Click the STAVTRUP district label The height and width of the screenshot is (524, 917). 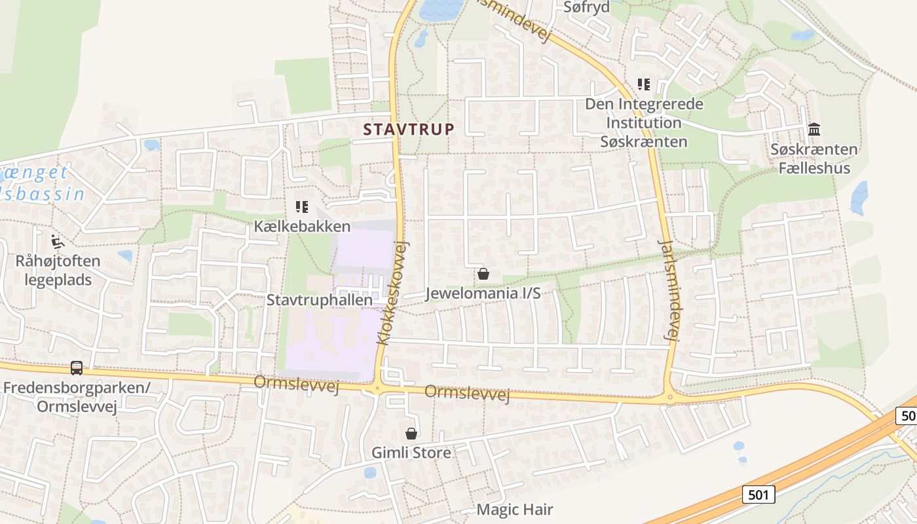click(x=409, y=129)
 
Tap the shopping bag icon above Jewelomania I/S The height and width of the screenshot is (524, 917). click(x=483, y=274)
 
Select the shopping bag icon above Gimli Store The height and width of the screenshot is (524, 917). click(x=411, y=434)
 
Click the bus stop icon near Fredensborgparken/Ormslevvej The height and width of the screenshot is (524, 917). click(x=77, y=368)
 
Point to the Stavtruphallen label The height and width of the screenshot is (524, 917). click(x=320, y=300)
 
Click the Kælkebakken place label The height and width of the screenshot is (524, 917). click(x=303, y=227)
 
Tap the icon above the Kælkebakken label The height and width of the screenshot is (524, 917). click(x=302, y=207)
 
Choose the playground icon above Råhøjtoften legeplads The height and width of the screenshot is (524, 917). click(x=58, y=242)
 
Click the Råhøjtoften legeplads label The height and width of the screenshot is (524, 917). click(x=58, y=271)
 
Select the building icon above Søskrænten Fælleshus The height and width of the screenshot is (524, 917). click(x=814, y=129)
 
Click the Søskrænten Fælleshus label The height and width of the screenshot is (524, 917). click(x=814, y=159)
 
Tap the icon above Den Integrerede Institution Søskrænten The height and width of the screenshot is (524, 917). click(x=644, y=84)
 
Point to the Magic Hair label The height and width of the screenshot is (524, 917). click(x=515, y=510)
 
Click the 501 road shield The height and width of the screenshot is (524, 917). click(x=758, y=495)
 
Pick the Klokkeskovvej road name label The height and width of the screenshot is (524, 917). click(x=392, y=292)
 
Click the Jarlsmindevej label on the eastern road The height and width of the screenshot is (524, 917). click(x=669, y=290)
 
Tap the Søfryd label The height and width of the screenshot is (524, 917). click(x=587, y=7)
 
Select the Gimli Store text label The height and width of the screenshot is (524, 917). click(x=411, y=453)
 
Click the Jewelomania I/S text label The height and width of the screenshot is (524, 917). click(x=483, y=293)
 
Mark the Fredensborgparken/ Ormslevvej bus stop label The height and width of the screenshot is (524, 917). click(x=77, y=397)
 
